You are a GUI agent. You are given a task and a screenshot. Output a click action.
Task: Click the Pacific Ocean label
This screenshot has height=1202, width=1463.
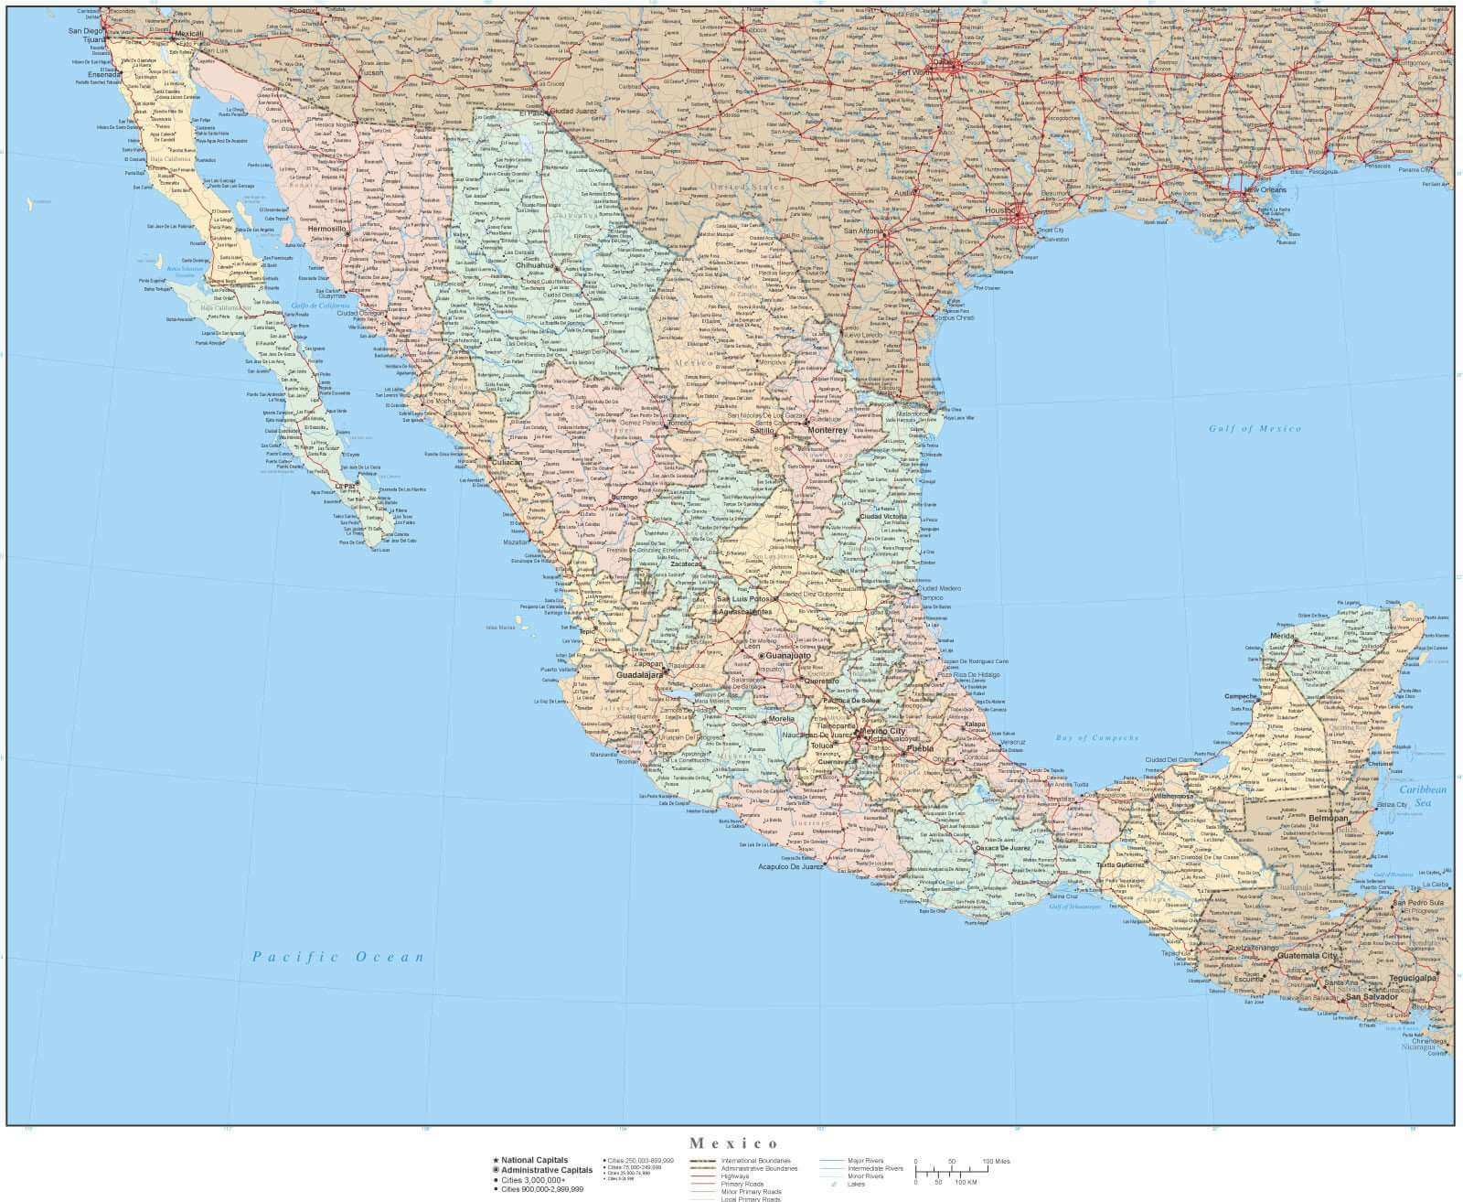[x=338, y=957]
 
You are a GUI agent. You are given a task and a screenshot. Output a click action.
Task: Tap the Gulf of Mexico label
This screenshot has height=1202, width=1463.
[x=1255, y=428]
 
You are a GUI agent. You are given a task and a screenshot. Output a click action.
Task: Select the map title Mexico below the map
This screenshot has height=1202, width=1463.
[x=734, y=1143]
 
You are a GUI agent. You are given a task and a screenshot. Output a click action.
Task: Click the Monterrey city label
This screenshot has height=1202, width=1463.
[x=828, y=430]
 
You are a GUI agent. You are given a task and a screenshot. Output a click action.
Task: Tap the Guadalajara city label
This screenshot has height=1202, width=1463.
[x=639, y=675]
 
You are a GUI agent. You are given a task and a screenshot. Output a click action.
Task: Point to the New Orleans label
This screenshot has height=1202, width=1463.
[x=1265, y=189]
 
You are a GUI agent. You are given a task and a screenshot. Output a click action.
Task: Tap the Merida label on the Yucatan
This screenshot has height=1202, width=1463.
[x=1282, y=635]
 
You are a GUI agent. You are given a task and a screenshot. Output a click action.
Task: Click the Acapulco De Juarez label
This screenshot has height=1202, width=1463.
[x=791, y=865]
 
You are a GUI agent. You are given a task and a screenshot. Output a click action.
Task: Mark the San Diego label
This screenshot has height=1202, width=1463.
[x=87, y=31]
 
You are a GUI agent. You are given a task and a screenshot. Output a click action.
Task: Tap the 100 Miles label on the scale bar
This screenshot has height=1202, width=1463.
[x=997, y=1162]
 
